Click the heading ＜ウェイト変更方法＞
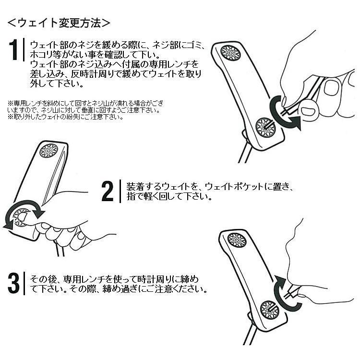59,23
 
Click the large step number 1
13,50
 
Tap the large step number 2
108,191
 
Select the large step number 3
13,283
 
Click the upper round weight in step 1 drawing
230,53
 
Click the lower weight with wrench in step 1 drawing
265,128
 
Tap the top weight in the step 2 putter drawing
48,151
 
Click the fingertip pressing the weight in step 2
23,216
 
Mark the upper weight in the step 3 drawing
237,240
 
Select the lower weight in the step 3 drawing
270,310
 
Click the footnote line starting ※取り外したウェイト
66,117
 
